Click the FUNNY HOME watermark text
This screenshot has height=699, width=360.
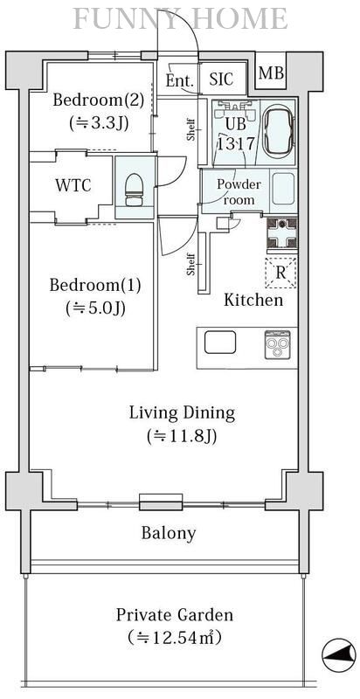coord(180,18)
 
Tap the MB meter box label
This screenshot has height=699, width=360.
coord(272,73)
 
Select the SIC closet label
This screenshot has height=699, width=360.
coord(221,80)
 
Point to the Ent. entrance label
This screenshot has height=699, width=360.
coord(180,80)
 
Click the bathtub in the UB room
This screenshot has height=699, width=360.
coord(279,134)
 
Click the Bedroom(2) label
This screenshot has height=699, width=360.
coord(99,100)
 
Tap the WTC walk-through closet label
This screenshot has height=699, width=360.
coord(73,185)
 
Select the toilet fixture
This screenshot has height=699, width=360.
coord(134,190)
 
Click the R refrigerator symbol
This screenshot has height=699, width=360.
coord(280,273)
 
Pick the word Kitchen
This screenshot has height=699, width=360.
coord(253,300)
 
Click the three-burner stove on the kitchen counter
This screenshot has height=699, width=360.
coord(278,344)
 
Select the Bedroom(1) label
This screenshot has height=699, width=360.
coord(95,285)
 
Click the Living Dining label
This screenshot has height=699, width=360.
coord(182,413)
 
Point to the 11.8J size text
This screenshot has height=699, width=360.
coord(182,436)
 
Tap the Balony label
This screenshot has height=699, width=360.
coord(169,533)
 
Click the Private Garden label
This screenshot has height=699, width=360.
coord(174,615)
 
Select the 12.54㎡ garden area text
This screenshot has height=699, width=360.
coord(174,637)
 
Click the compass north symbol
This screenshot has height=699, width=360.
coord(339,654)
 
